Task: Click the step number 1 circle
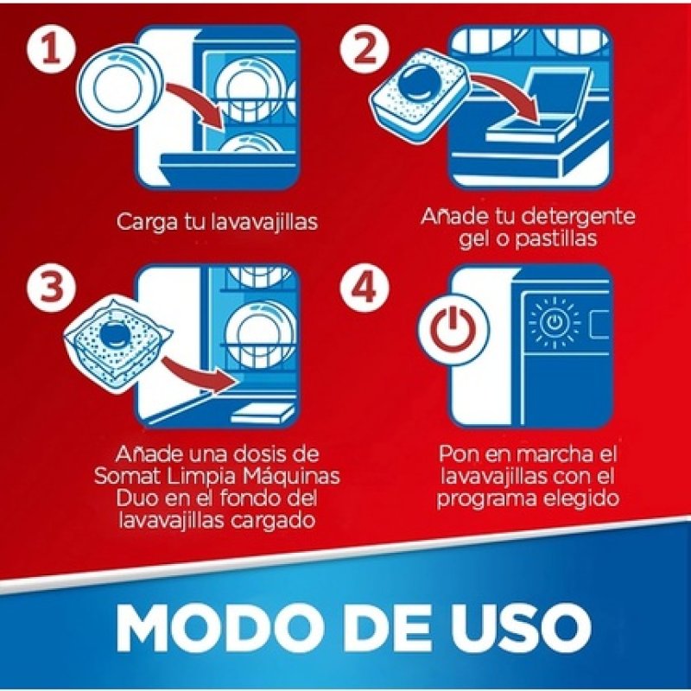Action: (52, 49)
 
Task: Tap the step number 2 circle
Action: (365, 49)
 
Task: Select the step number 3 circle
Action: (52, 287)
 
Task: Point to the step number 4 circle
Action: (365, 287)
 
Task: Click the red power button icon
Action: (453, 330)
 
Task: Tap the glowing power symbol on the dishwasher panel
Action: (554, 322)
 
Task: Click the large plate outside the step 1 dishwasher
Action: (120, 86)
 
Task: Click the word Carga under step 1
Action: (147, 222)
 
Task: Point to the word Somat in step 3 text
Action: (124, 477)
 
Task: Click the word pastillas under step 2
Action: (556, 239)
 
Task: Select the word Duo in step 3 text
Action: (136, 498)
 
